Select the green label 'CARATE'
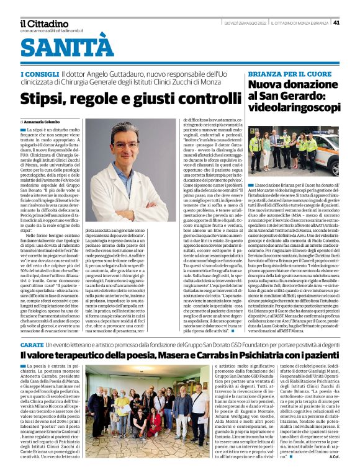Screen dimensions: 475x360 tap(32, 326)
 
